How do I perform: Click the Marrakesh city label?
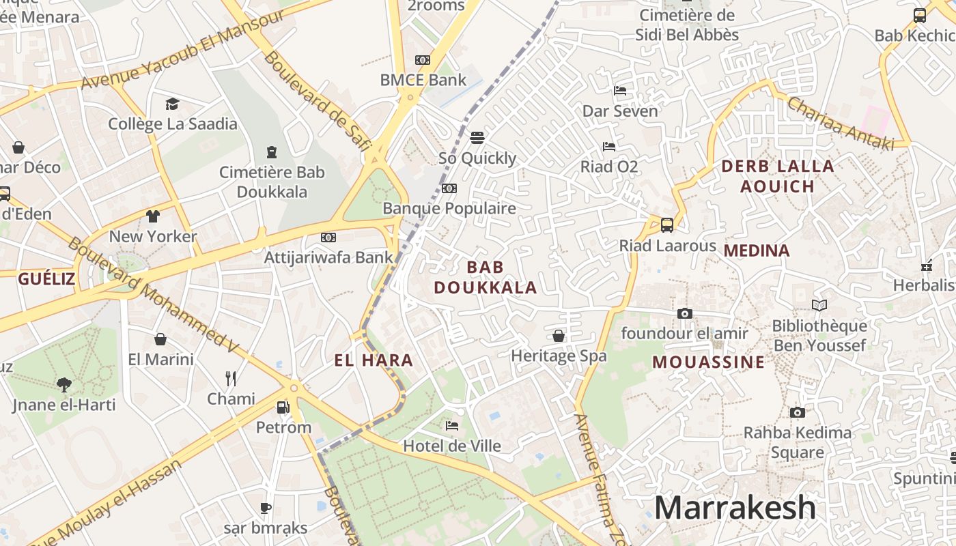coord(735,508)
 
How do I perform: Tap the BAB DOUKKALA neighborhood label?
coord(486,277)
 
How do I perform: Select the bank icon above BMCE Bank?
coord(423,60)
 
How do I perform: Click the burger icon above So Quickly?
coord(477,137)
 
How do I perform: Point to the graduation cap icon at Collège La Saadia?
coord(172,104)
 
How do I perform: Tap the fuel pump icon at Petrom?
coord(283,407)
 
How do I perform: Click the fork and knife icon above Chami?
coord(231,378)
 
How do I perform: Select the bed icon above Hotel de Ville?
coord(452,426)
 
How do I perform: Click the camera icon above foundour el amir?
coord(684,313)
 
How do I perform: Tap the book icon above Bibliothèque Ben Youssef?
coord(819,305)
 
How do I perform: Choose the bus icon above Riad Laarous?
coord(667,225)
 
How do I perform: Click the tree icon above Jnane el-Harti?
coord(64,384)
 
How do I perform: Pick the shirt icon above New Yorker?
coord(153,216)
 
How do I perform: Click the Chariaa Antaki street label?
coord(841,123)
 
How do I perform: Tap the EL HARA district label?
coord(374,360)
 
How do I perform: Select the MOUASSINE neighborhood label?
coord(708,362)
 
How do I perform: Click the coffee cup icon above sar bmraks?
coord(266,508)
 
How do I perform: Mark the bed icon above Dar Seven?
coord(620,90)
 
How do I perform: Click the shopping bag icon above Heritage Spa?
coord(559,336)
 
